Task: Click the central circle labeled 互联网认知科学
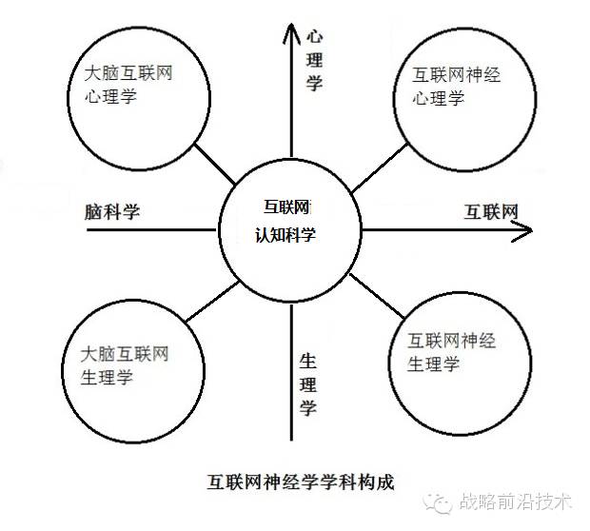pyautogui.click(x=289, y=229)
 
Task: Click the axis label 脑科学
pyautogui.click(x=111, y=212)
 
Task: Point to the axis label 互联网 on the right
pyautogui.click(x=492, y=211)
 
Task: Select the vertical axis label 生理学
pyautogui.click(x=307, y=384)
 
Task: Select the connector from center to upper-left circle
pyautogui.click(x=214, y=163)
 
